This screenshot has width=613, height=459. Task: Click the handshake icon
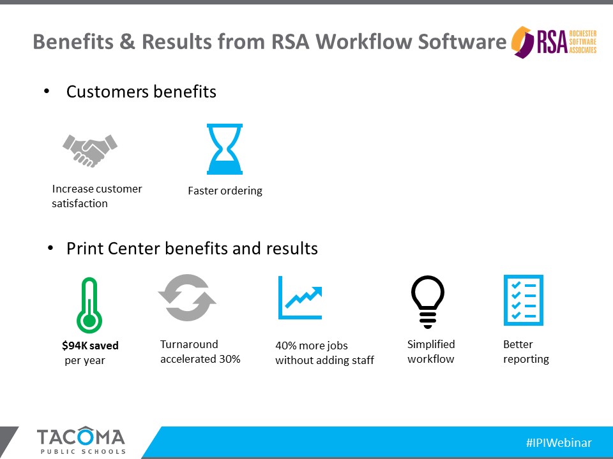[x=90, y=150]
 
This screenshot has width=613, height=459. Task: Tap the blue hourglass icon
[x=225, y=149]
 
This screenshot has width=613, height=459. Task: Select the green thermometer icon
[x=89, y=305]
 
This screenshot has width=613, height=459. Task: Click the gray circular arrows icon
[x=187, y=298]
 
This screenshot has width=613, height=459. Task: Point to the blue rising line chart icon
[x=300, y=298]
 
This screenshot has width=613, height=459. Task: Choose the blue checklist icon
[x=524, y=300]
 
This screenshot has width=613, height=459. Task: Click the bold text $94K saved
[x=90, y=346]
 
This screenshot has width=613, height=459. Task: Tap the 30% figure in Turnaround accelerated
[x=229, y=359]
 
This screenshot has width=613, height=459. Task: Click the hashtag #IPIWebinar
[x=559, y=442]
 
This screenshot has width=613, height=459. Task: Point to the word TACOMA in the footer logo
[x=81, y=436]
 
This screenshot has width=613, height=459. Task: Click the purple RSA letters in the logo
[x=552, y=42]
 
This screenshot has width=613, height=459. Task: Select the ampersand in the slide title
[x=127, y=41]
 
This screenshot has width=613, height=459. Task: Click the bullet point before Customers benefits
[x=47, y=91]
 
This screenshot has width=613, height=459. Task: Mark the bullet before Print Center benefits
[x=50, y=248]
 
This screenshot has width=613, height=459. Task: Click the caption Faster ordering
[x=225, y=191]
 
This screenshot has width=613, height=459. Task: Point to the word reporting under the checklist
[x=526, y=359]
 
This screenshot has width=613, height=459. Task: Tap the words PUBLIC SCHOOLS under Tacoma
[x=83, y=451]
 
